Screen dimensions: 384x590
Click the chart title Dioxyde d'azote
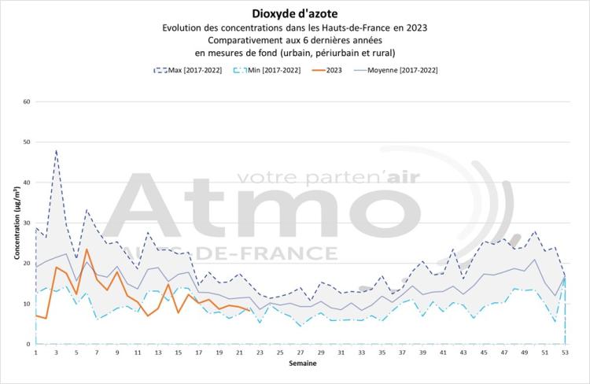click(296, 13)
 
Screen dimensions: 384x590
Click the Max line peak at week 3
click(56, 150)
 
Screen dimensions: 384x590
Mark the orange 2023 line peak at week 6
click(87, 249)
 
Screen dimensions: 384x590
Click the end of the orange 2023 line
click(249, 309)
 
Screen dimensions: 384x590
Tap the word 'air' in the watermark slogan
click(393, 176)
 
